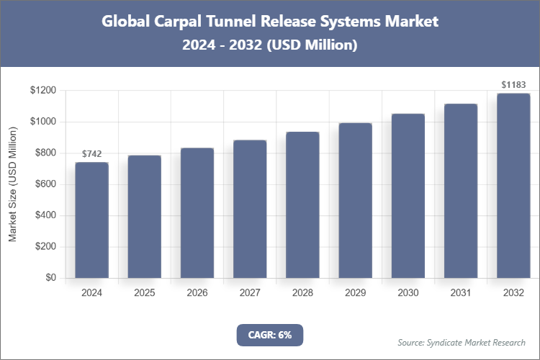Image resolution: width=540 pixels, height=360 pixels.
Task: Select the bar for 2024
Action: click(x=91, y=220)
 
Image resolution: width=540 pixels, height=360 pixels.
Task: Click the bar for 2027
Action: click(x=250, y=209)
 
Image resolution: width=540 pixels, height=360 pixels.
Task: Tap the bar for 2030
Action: click(x=408, y=196)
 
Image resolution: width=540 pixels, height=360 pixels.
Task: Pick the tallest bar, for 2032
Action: click(x=513, y=186)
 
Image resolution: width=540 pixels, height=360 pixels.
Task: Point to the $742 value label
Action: click(x=91, y=154)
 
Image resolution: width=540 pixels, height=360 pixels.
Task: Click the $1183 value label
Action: click(x=513, y=85)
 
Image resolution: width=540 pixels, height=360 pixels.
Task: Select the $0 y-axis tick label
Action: click(x=50, y=278)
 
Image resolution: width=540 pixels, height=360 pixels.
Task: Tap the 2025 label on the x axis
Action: click(x=144, y=293)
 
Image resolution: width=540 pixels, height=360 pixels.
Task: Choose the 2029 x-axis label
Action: click(x=355, y=293)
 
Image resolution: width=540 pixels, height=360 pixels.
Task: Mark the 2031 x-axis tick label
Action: click(x=461, y=293)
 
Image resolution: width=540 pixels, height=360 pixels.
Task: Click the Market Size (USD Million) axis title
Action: click(x=13, y=184)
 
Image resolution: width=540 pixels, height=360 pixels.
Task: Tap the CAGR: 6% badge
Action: click(x=270, y=335)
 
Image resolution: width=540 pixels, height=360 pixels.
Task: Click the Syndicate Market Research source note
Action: click(x=462, y=342)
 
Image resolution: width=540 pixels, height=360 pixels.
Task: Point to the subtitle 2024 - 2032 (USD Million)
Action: click(x=270, y=45)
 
